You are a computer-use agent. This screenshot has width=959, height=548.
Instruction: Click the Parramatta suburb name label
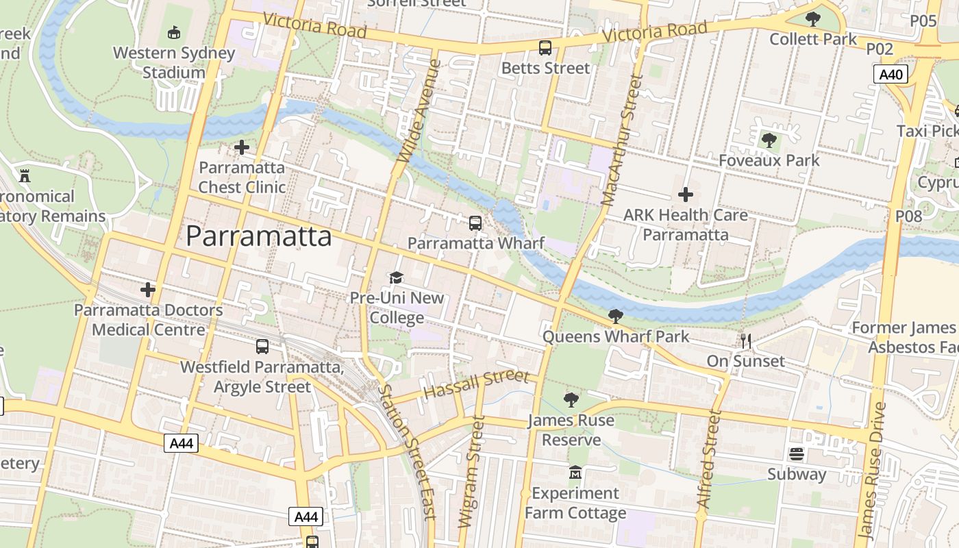[259, 236]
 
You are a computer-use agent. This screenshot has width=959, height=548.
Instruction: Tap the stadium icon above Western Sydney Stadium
[174, 32]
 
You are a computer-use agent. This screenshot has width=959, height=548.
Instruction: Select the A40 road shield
[891, 75]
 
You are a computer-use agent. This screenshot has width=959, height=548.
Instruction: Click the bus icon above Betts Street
[545, 48]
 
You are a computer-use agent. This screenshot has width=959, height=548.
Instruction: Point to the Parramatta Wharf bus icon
[475, 223]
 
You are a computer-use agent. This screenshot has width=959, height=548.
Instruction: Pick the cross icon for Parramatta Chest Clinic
[242, 147]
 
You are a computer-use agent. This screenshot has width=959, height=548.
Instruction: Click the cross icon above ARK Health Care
[686, 195]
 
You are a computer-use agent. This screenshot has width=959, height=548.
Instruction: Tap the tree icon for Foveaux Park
[769, 140]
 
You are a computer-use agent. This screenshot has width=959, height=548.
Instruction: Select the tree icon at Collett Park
[813, 18]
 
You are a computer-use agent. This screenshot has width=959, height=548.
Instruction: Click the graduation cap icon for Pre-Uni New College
[397, 277]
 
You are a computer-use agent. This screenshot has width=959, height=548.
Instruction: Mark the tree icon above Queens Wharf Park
[616, 316]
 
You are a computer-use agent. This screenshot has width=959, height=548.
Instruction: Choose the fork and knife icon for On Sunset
[746, 340]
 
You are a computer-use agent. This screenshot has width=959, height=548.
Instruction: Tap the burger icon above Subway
[797, 453]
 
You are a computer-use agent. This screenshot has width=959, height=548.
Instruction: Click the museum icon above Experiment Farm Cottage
[575, 473]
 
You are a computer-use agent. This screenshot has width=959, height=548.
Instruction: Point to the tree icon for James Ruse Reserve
[571, 399]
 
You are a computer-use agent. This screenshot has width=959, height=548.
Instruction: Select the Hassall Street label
[477, 384]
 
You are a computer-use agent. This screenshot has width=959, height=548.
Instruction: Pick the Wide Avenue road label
[417, 111]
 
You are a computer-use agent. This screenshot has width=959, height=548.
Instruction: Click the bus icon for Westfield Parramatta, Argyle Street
[262, 346]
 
